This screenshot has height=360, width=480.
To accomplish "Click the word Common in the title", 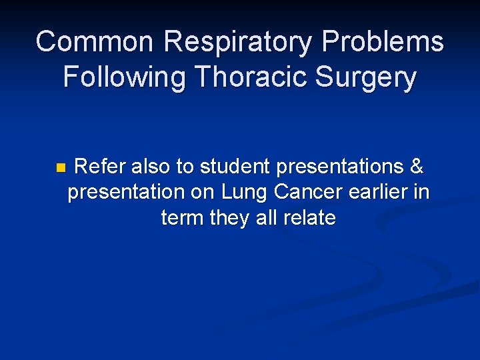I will [94, 41].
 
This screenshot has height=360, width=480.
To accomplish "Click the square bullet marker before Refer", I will [60, 167].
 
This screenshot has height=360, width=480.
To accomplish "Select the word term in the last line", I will [182, 217].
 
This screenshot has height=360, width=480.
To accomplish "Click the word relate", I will [309, 217].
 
